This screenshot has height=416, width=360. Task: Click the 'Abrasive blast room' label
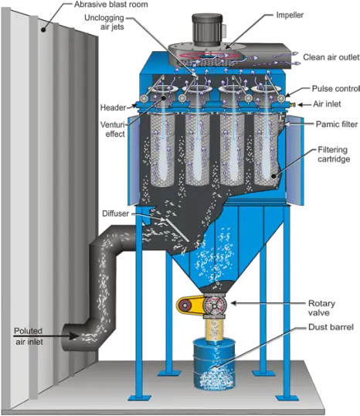pos(110,5)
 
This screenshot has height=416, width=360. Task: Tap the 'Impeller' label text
pos(290,15)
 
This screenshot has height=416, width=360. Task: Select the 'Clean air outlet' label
pos(331,57)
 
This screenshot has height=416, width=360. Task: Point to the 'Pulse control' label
pos(335,88)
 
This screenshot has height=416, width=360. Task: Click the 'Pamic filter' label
pos(337,124)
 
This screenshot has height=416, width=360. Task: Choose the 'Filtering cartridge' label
pos(334,154)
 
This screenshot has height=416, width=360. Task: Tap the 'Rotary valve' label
pos(321,308)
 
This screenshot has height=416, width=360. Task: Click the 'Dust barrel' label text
pos(331,327)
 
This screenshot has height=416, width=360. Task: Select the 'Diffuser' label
pos(116,213)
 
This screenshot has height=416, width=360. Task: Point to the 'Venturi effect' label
pos(113,129)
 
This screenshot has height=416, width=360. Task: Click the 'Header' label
pos(113,107)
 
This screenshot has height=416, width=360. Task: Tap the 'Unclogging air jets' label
pos(104,22)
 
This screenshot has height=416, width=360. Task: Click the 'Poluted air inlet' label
pos(29,336)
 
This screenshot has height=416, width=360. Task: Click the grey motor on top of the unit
pos(207,30)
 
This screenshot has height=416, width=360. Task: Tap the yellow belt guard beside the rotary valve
pos(190,305)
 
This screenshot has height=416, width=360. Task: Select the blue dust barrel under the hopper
pos(214,363)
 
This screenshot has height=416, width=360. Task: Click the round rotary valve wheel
pos(215,305)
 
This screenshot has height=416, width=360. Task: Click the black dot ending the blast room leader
pos(43,30)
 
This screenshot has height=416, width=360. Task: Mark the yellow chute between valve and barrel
pos(215,329)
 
